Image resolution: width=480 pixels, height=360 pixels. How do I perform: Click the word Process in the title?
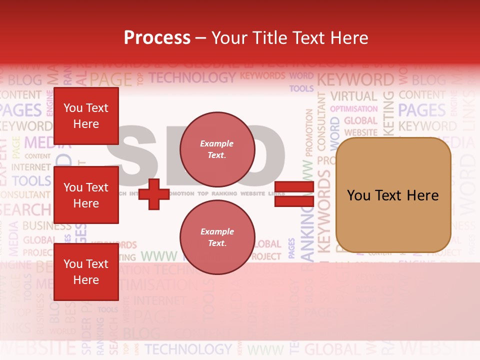[157, 37]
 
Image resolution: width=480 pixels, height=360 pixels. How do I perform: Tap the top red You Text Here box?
[86, 116]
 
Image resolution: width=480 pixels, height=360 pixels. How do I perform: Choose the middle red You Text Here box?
[86, 195]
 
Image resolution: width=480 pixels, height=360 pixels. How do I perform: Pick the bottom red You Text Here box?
[86, 271]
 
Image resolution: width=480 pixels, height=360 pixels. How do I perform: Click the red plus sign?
[154, 194]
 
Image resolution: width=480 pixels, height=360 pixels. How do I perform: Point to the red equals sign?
[294, 194]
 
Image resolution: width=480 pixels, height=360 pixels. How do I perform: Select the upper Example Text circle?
[217, 149]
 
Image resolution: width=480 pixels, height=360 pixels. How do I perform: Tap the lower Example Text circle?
[217, 237]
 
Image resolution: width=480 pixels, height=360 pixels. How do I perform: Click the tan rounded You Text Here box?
[393, 195]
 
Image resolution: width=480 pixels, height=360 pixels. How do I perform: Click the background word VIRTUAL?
[353, 96]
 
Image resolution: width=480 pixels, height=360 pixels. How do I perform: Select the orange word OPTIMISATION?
[354, 108]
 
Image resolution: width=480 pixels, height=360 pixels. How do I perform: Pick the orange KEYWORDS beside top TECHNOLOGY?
[262, 76]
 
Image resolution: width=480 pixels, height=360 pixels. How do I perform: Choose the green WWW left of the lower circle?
[158, 256]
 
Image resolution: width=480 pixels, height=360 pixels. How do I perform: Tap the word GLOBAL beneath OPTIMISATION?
[360, 120]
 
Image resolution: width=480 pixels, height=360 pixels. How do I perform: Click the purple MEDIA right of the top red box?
[46, 143]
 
